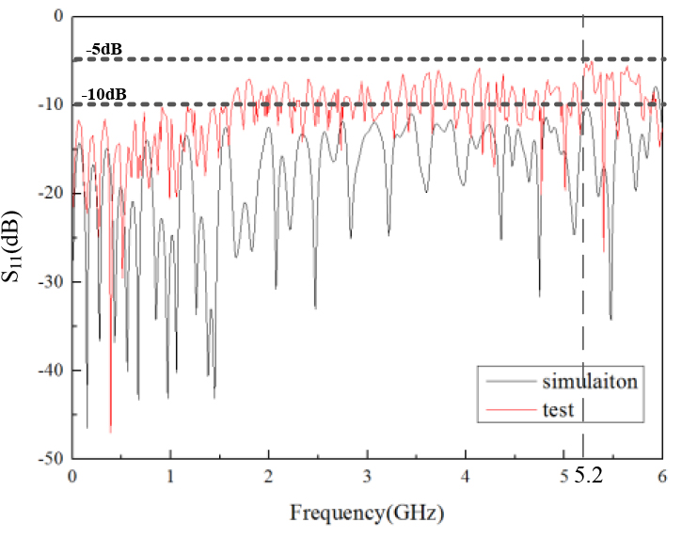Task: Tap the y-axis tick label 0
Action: (x=57, y=16)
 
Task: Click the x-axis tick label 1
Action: (x=170, y=477)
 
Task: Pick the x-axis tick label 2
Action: (x=269, y=477)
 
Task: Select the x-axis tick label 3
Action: (x=368, y=477)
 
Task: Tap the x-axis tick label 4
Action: (x=466, y=477)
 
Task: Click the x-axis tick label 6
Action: (x=662, y=477)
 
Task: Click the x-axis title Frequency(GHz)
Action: (x=366, y=514)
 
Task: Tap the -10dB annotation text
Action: (x=105, y=94)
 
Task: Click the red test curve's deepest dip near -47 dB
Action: (x=110, y=431)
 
